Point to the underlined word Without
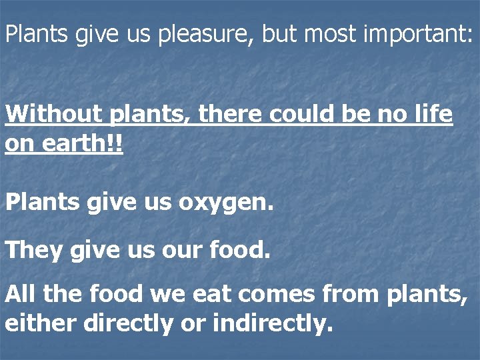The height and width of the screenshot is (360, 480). [51, 114]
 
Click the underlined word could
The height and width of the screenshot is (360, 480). [307, 114]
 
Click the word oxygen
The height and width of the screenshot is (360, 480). [225, 203]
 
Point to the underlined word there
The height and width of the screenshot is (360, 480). [233, 114]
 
